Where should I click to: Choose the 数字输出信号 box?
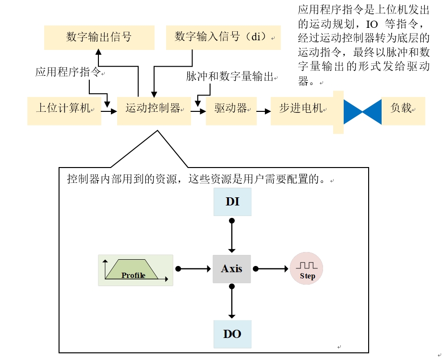click(99, 37)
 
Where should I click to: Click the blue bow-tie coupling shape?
click(362, 111)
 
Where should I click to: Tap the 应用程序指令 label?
click(68, 72)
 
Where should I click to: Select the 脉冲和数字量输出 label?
click(231, 76)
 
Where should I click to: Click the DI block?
click(232, 202)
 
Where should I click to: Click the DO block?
click(232, 334)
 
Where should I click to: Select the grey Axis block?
click(232, 269)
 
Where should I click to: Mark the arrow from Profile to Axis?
click(194, 269)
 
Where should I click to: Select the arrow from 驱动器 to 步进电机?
click(263, 111)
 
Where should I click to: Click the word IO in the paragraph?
click(372, 24)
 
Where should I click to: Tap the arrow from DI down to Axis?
click(232, 235)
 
